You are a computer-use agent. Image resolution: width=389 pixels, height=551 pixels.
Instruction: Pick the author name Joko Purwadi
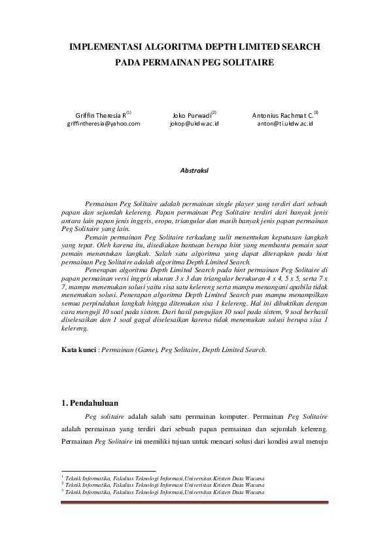point(190,115)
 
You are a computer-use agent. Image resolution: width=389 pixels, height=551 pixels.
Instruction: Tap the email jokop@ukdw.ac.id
point(194,123)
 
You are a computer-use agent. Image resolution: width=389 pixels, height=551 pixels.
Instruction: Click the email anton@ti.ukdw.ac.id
point(285,123)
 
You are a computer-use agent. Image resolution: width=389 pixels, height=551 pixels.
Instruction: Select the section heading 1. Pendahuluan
point(90,402)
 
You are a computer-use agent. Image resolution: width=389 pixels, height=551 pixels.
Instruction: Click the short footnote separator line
point(108,471)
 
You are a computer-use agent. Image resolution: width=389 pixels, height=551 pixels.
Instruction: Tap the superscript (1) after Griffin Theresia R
point(129,112)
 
